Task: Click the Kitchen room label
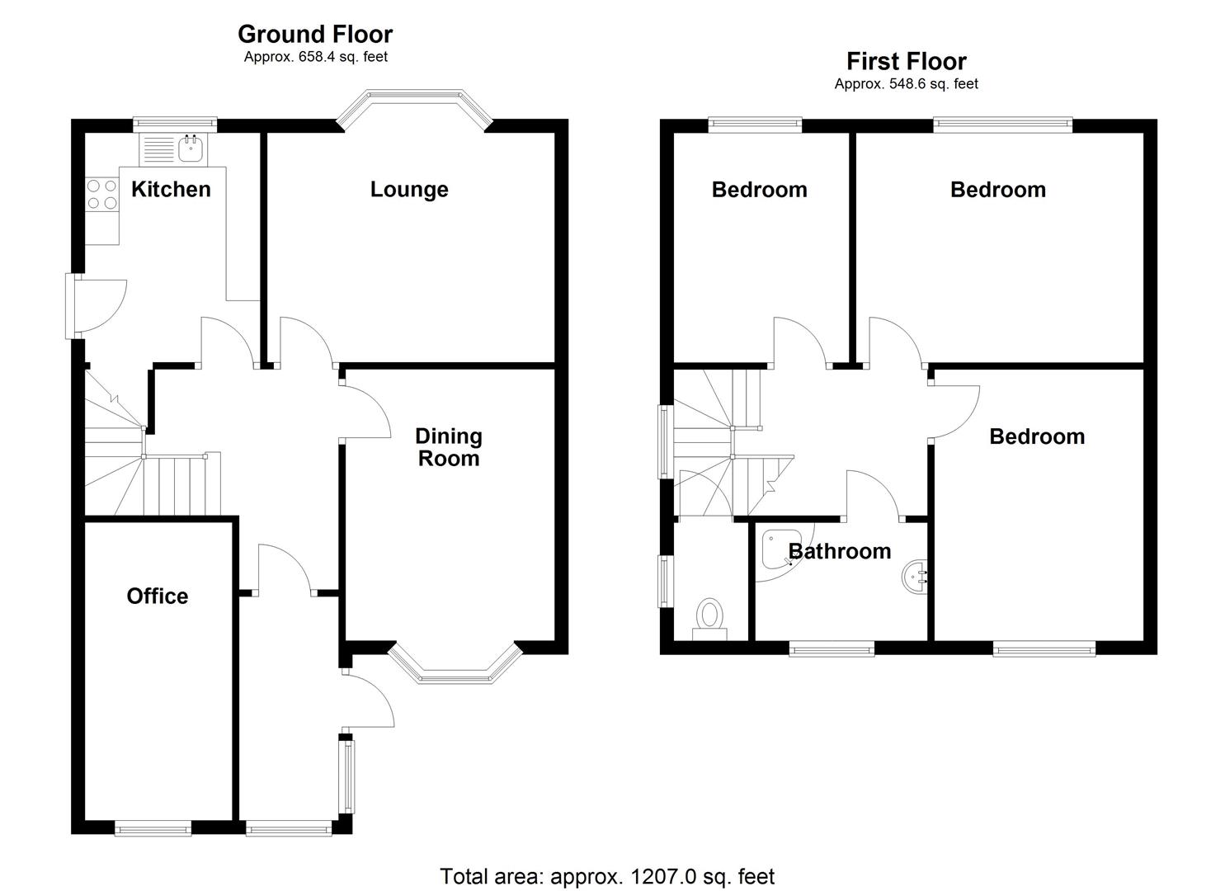pyautogui.click(x=171, y=190)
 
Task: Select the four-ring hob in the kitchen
pyautogui.click(x=102, y=195)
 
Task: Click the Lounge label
pyautogui.click(x=409, y=190)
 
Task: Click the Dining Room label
pyautogui.click(x=448, y=447)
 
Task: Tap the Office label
pyautogui.click(x=157, y=596)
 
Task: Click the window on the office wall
pyautogui.click(x=153, y=827)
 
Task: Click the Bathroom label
pyautogui.click(x=840, y=551)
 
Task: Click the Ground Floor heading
pyautogui.click(x=315, y=35)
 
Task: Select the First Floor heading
pyautogui.click(x=906, y=61)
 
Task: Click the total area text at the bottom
pyautogui.click(x=607, y=876)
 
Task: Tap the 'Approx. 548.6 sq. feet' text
pyautogui.click(x=906, y=84)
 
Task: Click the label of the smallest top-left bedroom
pyautogui.click(x=759, y=190)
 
